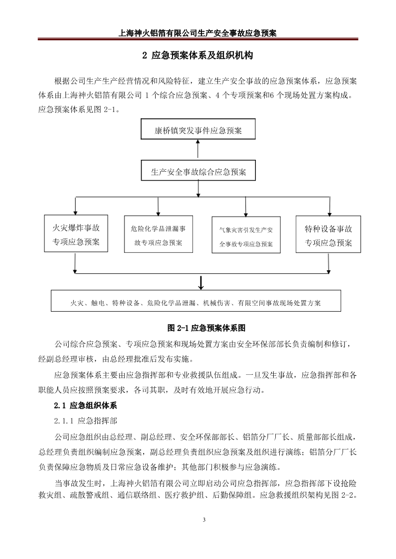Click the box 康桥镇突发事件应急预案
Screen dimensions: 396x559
coord(198,129)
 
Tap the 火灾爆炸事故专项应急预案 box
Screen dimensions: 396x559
coord(76,233)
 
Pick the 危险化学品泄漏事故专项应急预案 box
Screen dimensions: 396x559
coord(158,234)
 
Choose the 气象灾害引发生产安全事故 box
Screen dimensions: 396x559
coord(246,235)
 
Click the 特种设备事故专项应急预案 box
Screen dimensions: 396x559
coord(328,234)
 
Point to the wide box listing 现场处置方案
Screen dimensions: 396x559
coord(196,301)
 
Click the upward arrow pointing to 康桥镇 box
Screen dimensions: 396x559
coord(198,149)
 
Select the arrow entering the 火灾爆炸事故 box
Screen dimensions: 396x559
coord(75,206)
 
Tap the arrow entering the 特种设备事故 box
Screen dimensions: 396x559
coord(329,206)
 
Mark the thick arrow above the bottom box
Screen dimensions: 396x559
coord(201,282)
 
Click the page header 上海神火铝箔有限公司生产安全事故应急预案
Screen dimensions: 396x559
coord(198,33)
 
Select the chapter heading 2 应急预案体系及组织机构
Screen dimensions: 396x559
coord(198,55)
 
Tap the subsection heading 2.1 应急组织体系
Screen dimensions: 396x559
coord(85,406)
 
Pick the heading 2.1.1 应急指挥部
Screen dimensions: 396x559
coord(85,421)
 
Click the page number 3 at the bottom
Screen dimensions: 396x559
coord(204,520)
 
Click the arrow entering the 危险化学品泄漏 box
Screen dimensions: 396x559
coord(158,206)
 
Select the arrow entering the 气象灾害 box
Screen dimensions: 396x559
coord(246,207)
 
